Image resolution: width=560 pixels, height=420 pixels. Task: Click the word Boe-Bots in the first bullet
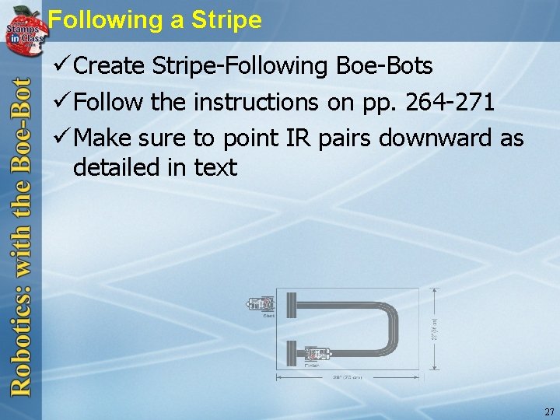[385, 66]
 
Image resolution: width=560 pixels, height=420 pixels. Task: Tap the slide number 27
[549, 411]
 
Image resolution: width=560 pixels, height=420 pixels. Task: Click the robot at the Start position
[261, 303]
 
